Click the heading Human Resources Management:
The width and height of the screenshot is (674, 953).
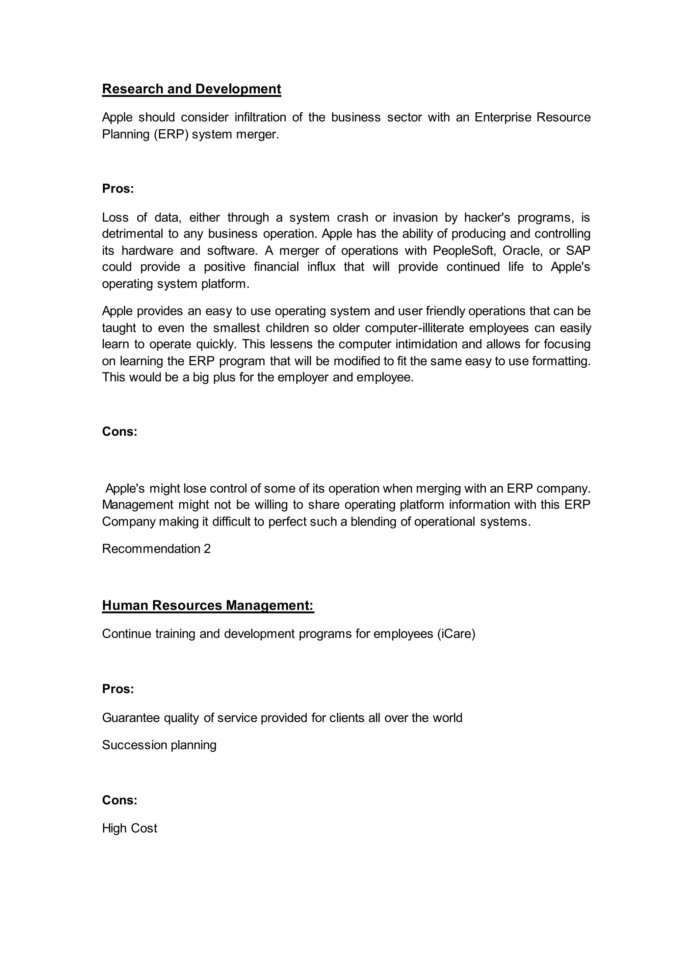tap(208, 605)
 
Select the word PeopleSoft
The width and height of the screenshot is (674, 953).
tap(464, 251)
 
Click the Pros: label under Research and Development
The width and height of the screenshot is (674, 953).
tap(118, 189)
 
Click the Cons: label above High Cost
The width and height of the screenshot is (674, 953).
tap(119, 800)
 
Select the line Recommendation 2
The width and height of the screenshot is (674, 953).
tap(156, 549)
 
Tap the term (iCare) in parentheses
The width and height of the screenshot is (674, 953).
tap(456, 634)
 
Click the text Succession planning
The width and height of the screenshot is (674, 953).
tap(159, 745)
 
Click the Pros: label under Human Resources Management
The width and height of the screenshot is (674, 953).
tap(118, 689)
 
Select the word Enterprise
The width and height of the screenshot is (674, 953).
tap(503, 117)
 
